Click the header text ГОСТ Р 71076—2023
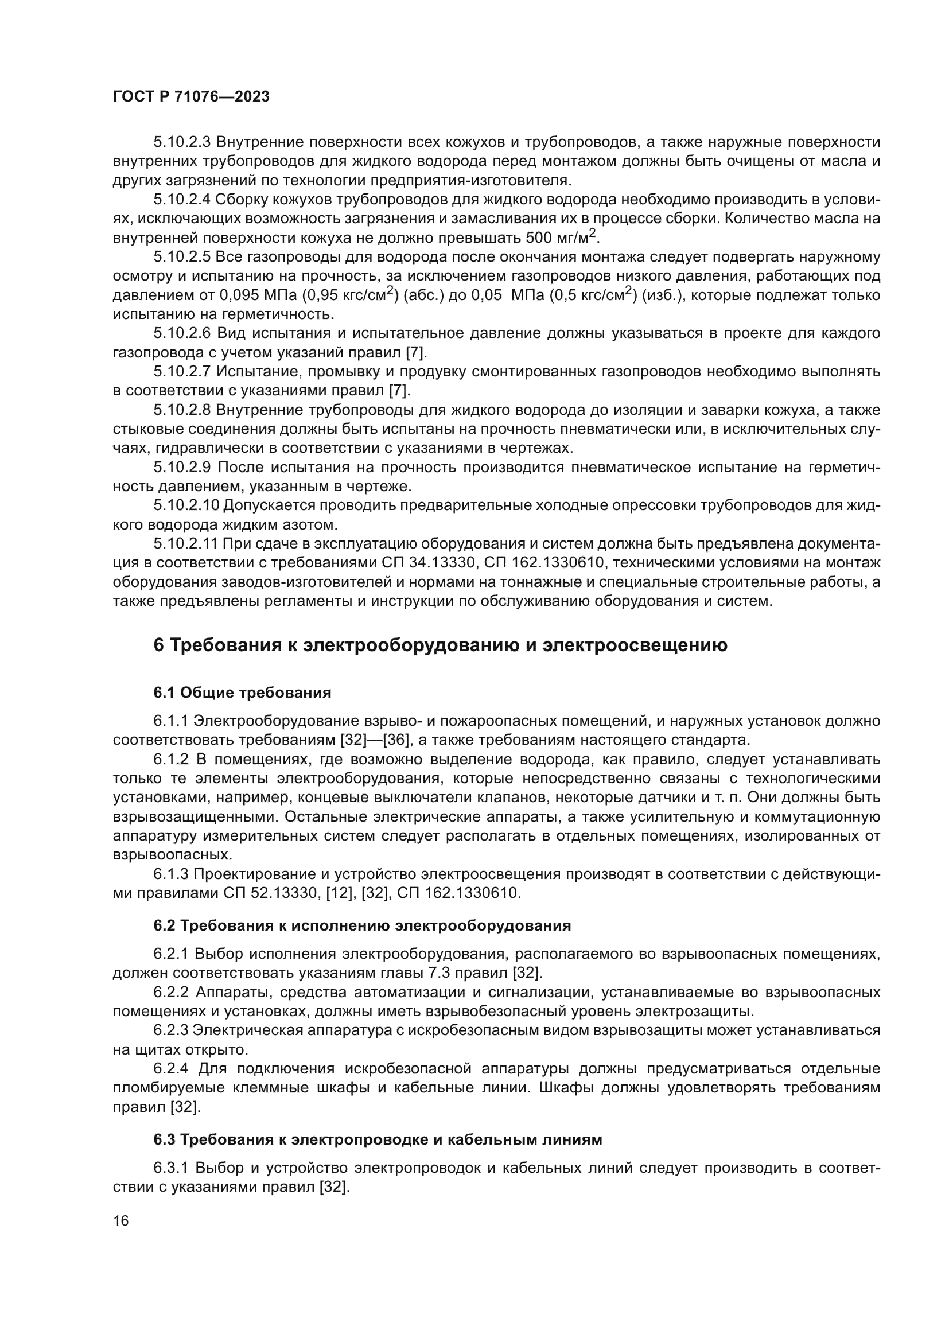coord(191,97)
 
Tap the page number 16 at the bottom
coord(121,1220)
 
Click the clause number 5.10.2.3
coord(182,142)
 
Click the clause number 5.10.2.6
coord(182,333)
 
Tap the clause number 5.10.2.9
coord(182,467)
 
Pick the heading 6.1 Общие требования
coord(242,693)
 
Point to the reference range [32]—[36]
coord(374,740)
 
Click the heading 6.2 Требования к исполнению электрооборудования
coord(361,926)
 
